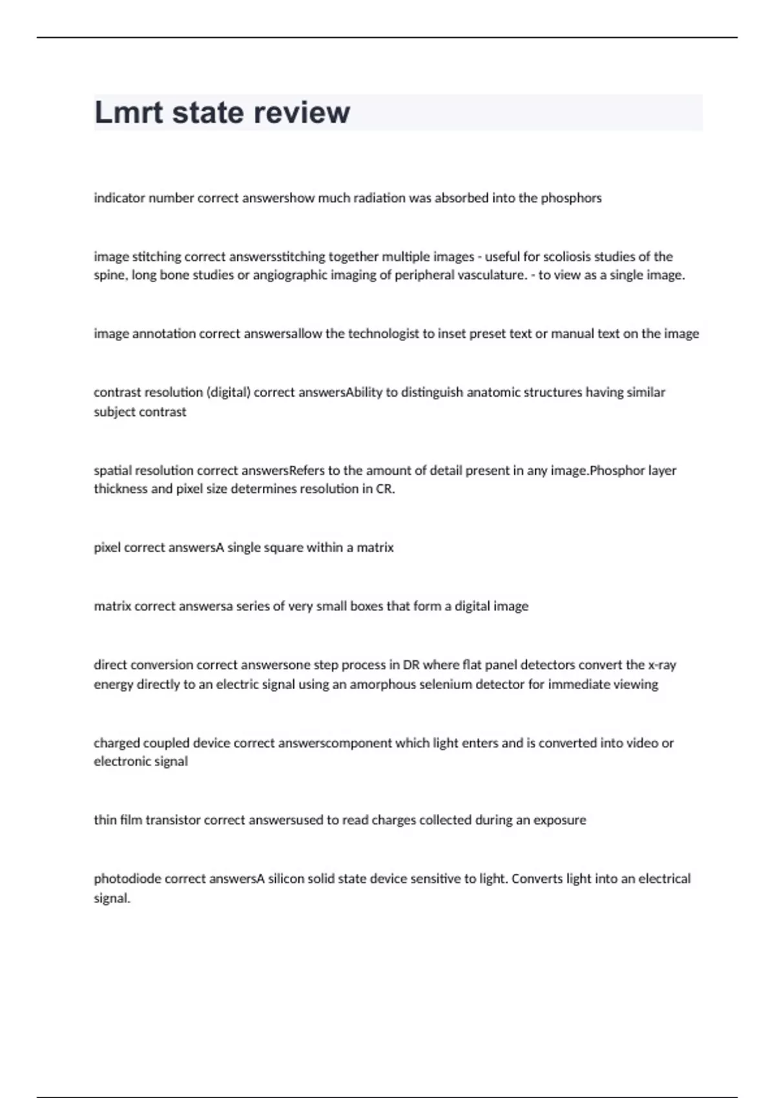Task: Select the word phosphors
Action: (571, 198)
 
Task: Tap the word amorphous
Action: (383, 685)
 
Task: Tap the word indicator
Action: (119, 198)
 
